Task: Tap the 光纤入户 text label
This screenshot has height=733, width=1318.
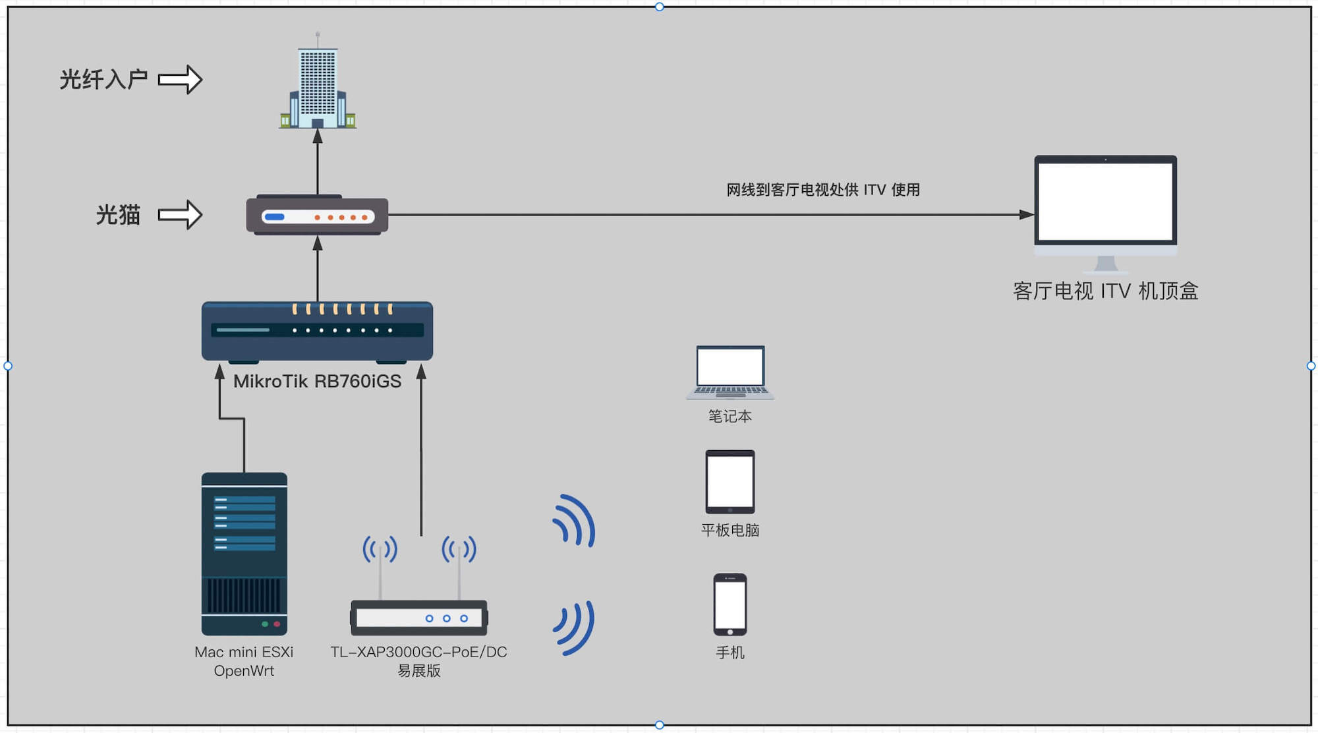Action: (103, 80)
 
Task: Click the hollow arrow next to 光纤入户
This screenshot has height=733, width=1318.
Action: (180, 80)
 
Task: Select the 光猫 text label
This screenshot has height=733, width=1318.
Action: (118, 215)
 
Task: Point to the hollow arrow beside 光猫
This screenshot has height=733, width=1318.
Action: (180, 215)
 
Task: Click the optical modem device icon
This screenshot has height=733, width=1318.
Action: (317, 215)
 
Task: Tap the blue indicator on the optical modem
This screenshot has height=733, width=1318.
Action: (274, 217)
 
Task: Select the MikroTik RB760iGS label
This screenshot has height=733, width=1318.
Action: (317, 382)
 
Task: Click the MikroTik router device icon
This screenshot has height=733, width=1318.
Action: (317, 331)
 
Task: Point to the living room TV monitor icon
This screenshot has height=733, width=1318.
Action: (1105, 204)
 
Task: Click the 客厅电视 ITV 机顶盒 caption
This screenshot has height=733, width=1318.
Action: (1105, 291)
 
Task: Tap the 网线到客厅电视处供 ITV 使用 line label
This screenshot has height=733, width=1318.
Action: (823, 190)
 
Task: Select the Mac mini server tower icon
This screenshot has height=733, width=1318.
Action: (244, 554)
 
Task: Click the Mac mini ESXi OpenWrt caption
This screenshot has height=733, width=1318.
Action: (244, 661)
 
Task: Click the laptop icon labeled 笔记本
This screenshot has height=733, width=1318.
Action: (730, 372)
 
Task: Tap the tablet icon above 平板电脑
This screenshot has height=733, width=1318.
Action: (730, 482)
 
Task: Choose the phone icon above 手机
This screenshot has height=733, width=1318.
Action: (730, 604)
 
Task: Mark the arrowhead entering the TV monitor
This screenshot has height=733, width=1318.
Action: (1027, 215)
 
